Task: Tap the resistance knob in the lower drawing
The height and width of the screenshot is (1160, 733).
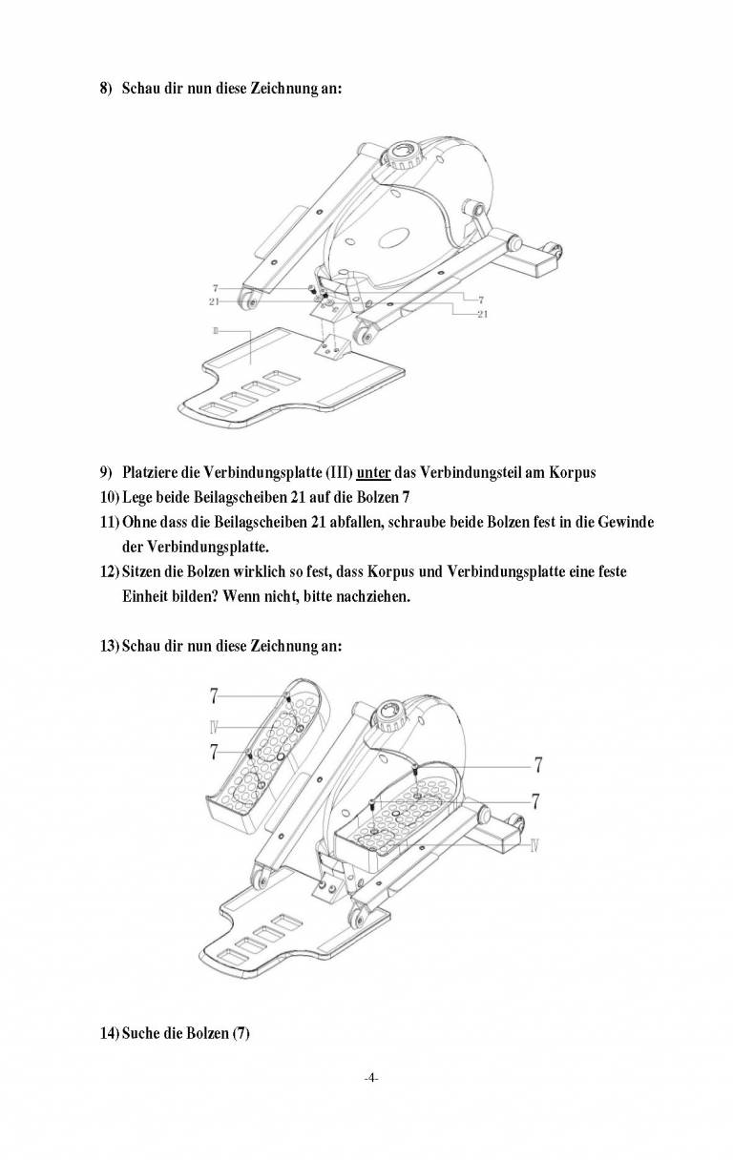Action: (x=389, y=714)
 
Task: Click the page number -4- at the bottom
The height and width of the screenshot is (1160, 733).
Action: (x=371, y=1078)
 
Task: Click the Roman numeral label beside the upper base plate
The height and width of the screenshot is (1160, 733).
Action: (x=217, y=330)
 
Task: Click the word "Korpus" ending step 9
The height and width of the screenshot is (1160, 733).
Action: (x=572, y=474)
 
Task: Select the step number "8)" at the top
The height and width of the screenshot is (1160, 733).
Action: (x=107, y=88)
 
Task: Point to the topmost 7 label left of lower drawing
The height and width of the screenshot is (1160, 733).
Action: (x=215, y=696)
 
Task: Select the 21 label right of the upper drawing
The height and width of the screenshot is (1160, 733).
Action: (x=482, y=315)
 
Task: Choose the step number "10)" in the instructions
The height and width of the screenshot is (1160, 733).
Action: (x=110, y=499)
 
